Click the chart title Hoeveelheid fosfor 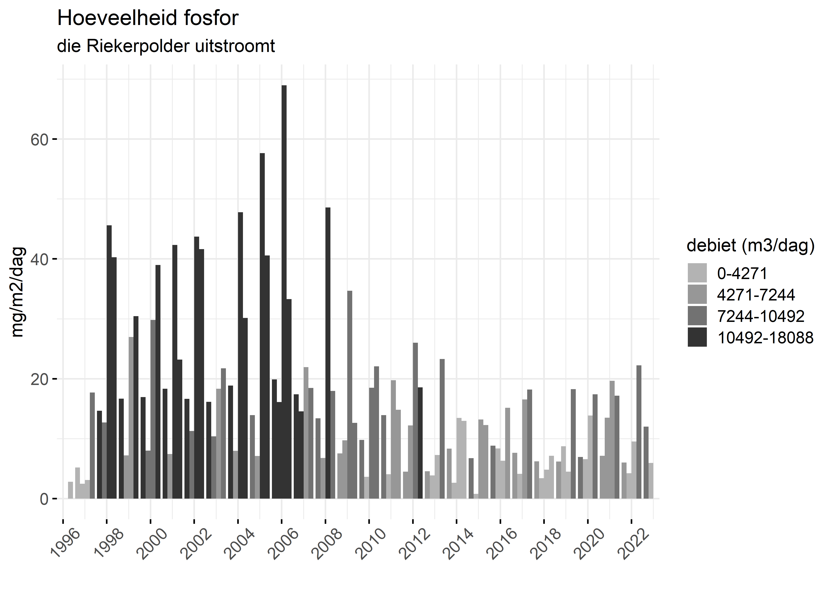tap(148, 18)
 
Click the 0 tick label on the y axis tap(44, 499)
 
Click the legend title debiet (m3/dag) tap(750, 246)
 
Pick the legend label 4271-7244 tap(756, 295)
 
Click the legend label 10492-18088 tap(765, 337)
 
